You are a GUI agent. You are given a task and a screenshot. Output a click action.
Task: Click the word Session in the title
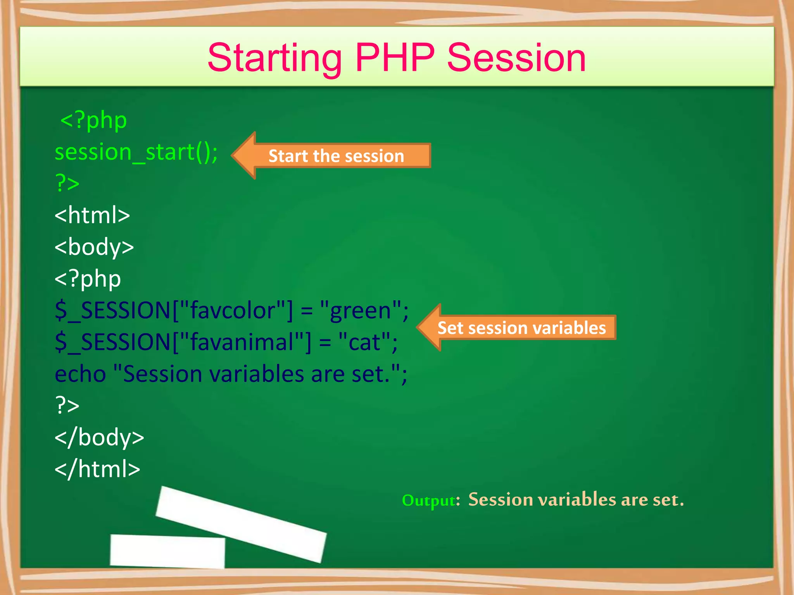(516, 58)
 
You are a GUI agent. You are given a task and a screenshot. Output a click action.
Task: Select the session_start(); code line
(136, 152)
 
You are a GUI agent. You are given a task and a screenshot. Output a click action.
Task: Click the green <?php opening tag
(93, 120)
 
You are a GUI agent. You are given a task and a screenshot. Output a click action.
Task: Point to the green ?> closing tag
(67, 183)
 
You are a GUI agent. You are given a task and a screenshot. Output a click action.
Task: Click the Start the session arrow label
(337, 156)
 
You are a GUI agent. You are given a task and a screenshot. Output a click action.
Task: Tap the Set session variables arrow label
(521, 328)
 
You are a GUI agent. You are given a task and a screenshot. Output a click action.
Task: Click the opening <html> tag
(92, 215)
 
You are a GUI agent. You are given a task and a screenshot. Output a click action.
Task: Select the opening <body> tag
(94, 248)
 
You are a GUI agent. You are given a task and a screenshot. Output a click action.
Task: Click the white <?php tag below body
(88, 279)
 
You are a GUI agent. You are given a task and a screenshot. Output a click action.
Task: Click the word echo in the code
(80, 375)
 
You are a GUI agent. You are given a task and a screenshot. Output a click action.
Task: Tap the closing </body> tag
(99, 438)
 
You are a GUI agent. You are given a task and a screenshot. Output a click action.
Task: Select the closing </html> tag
(97, 469)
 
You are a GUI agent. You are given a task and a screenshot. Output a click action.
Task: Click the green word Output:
(431, 500)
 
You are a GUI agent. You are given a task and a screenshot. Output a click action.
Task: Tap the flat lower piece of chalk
(167, 551)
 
